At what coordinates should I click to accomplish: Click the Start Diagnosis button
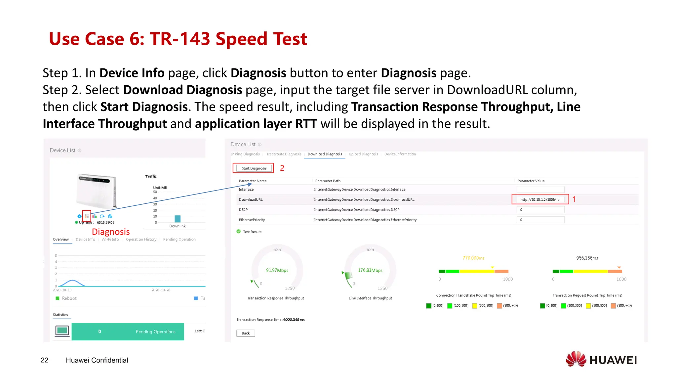tap(254, 168)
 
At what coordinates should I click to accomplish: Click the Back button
tap(246, 333)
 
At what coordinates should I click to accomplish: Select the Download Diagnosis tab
tap(325, 154)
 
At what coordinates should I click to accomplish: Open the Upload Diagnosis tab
tap(363, 154)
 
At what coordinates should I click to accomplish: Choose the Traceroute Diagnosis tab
tap(284, 154)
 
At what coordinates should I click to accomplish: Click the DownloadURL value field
tap(540, 199)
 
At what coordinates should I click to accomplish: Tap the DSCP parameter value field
tap(540, 210)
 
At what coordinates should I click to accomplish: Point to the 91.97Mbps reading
tap(277, 271)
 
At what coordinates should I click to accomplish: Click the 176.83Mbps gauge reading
tap(370, 271)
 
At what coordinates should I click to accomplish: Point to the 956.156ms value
tap(587, 258)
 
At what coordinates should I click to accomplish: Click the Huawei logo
tap(601, 360)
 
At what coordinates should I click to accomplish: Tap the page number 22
tap(44, 360)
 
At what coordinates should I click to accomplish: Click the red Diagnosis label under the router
tap(111, 232)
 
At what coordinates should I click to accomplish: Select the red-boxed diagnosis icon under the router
tap(87, 216)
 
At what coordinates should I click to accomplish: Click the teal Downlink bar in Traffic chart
tap(178, 219)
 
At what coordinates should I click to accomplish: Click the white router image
tap(97, 191)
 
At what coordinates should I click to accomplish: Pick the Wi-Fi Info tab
tap(110, 239)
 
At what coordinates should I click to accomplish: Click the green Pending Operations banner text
tap(155, 332)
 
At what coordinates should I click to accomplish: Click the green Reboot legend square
tap(58, 298)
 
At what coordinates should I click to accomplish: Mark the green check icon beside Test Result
tap(239, 232)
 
